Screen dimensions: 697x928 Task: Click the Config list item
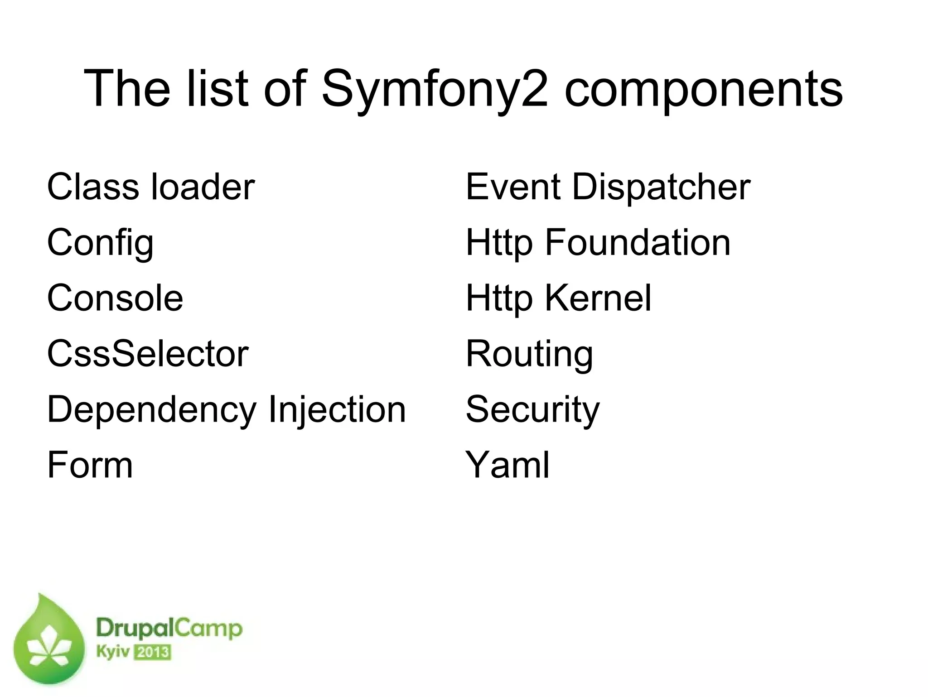point(100,243)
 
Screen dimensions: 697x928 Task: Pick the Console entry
point(115,298)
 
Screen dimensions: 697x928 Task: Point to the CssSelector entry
point(148,354)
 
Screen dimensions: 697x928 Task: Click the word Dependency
point(152,410)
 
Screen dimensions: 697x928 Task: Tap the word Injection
point(337,410)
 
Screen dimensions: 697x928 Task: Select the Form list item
point(90,465)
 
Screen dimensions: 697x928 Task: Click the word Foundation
point(637,243)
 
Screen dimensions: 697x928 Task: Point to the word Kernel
point(598,298)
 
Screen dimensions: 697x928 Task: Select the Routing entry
point(529,355)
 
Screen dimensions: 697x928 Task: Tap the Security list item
point(532,410)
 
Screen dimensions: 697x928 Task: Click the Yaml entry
point(507,465)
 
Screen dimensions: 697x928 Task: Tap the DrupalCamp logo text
point(169,629)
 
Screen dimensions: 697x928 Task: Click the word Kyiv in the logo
point(112,653)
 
